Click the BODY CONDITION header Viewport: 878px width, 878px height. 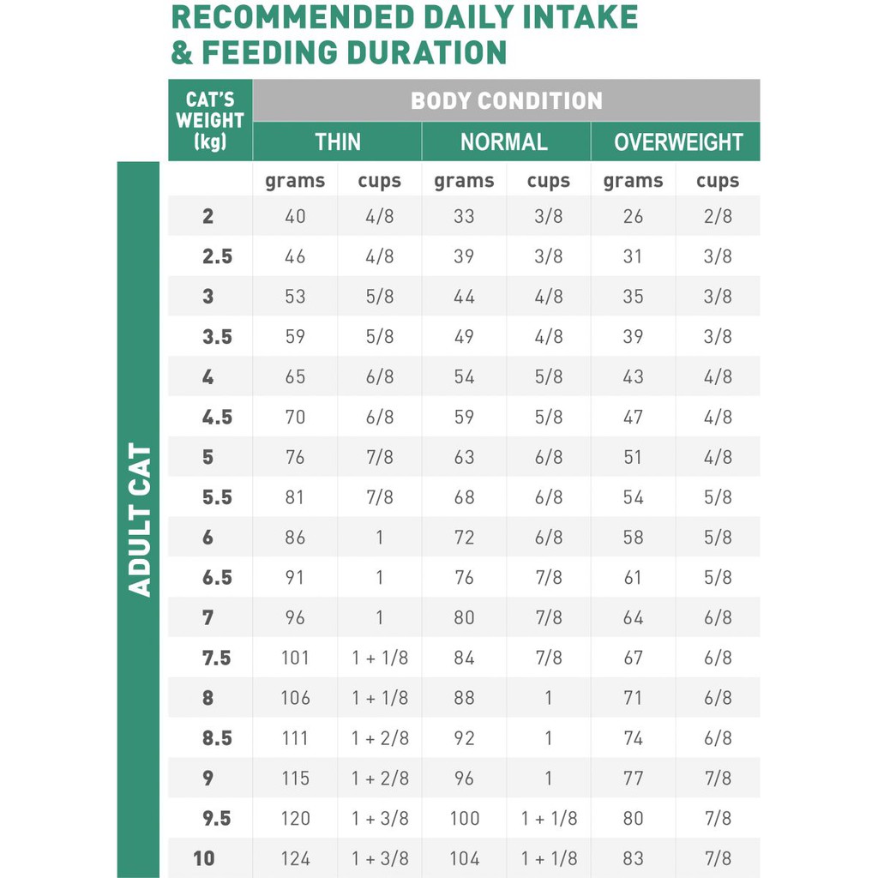coord(506,100)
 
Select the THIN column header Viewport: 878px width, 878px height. coord(337,141)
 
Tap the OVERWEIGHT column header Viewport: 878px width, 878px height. coord(677,141)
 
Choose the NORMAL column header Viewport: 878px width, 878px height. coord(504,141)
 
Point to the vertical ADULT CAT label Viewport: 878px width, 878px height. coord(139,520)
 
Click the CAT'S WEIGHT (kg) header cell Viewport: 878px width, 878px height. coord(210,120)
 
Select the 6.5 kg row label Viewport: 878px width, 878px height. coord(217,578)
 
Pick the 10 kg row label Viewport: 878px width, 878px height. coord(204,858)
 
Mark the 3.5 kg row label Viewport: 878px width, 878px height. coord(217,337)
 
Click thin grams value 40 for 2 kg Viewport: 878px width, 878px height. coord(295,216)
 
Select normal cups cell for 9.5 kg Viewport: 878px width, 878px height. coord(549,818)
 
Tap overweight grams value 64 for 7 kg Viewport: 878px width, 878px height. coord(633,617)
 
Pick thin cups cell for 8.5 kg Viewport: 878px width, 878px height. coord(380,738)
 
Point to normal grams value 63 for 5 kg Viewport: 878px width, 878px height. coord(464,457)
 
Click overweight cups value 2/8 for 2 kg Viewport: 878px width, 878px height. coord(718,216)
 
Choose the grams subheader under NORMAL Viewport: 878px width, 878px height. coord(464,181)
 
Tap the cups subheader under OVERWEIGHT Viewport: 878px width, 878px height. coord(718,181)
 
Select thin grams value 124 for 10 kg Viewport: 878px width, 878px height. coord(295,858)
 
